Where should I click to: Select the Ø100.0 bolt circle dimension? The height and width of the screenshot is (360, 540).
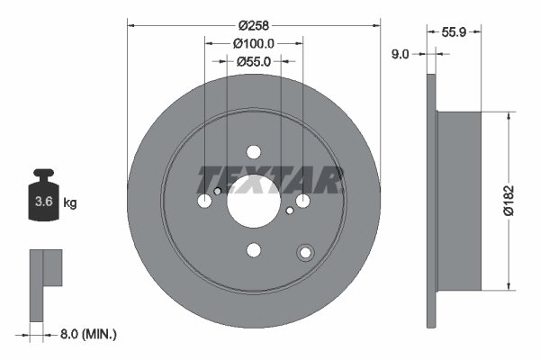254,42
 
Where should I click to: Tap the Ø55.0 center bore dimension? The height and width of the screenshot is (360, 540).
254,61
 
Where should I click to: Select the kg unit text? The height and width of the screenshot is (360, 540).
69,203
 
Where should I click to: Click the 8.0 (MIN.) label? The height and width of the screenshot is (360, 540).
86,334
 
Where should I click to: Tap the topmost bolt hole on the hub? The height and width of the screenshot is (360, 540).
253,152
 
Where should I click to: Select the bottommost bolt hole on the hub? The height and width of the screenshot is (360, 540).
253,250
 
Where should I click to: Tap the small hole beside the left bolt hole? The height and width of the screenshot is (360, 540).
217,191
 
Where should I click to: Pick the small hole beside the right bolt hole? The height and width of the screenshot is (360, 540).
289,211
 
